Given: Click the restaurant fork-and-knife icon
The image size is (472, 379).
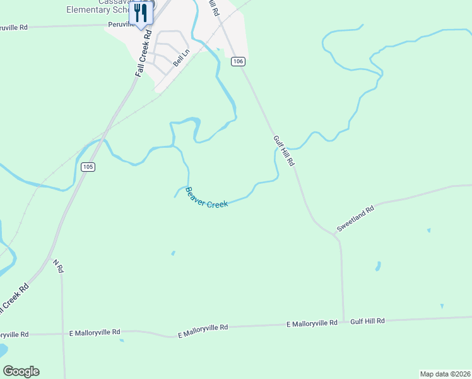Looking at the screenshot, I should [x=141, y=14].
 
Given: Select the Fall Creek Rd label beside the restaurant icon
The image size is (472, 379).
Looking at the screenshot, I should [x=145, y=54].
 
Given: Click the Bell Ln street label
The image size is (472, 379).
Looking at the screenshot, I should [x=181, y=61].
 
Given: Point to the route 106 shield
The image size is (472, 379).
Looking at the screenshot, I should [x=237, y=61].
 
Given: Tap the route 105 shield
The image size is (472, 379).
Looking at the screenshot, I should [x=88, y=167].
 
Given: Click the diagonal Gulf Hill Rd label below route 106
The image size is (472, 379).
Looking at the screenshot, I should [x=284, y=150].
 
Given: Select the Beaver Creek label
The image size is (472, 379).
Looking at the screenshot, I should [x=206, y=198].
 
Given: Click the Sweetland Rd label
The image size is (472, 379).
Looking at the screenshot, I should [x=355, y=218].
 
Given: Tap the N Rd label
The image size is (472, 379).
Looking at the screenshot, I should [x=58, y=267].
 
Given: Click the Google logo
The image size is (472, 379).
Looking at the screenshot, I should [x=21, y=371].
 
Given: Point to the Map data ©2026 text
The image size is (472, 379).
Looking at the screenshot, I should [x=445, y=374].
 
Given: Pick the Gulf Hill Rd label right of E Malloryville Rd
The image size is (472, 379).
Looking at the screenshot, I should [x=367, y=321].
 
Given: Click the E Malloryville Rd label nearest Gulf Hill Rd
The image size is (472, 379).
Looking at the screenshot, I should [x=312, y=323].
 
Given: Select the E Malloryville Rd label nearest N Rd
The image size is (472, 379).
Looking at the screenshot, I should [x=95, y=332].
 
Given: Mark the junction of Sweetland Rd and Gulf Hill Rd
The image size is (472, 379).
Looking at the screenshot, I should [x=334, y=234].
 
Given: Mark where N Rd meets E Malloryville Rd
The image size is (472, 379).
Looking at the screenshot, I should [x=64, y=332].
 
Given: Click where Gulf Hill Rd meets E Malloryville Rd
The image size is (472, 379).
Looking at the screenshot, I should [x=344, y=322].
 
